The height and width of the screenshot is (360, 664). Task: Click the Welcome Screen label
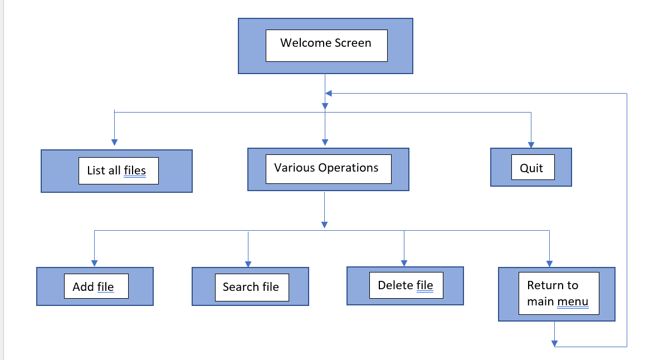tap(326, 43)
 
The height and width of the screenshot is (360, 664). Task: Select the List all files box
tap(116, 171)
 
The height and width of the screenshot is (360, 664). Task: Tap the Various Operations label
tap(326, 168)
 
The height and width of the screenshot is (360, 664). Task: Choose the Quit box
tap(531, 167)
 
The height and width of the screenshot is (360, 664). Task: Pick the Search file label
tap(251, 287)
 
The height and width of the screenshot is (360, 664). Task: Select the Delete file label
tap(405, 285)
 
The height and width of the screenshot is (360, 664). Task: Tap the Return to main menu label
tap(558, 294)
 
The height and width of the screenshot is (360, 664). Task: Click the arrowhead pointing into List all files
tap(114, 143)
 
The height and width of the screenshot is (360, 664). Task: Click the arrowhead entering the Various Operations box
tap(325, 142)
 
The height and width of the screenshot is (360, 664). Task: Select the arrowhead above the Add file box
tap(94, 263)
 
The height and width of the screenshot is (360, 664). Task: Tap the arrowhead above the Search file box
tap(248, 263)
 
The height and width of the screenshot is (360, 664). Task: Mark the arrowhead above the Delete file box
tap(404, 263)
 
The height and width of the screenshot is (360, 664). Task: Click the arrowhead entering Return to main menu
tap(550, 263)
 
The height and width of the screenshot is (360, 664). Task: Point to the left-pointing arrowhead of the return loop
tap(329, 94)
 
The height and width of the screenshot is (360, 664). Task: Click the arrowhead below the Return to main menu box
tap(554, 343)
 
